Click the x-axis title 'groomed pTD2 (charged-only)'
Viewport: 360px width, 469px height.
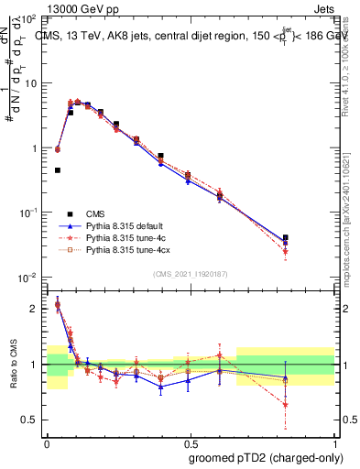coord(267,457)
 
